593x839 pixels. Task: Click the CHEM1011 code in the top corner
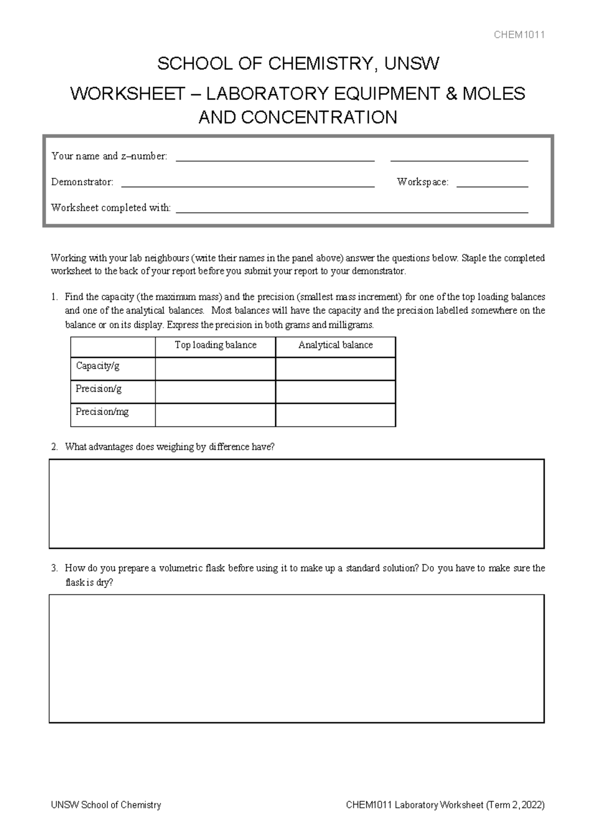coord(519,35)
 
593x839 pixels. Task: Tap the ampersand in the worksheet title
coord(451,93)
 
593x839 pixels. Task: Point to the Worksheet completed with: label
coord(111,208)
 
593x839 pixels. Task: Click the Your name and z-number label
coord(109,156)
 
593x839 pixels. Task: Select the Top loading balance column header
coord(215,345)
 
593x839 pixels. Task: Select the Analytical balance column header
coord(336,345)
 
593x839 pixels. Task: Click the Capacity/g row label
coord(98,366)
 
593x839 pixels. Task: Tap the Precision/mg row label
coord(102,412)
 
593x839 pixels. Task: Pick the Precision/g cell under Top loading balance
coord(215,392)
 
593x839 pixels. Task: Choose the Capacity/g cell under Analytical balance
coord(336,369)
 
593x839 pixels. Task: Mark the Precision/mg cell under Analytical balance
coord(336,415)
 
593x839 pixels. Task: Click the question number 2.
coord(54,447)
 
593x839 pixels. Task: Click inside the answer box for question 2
coord(296,504)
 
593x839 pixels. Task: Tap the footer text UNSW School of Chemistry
coord(106,805)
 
